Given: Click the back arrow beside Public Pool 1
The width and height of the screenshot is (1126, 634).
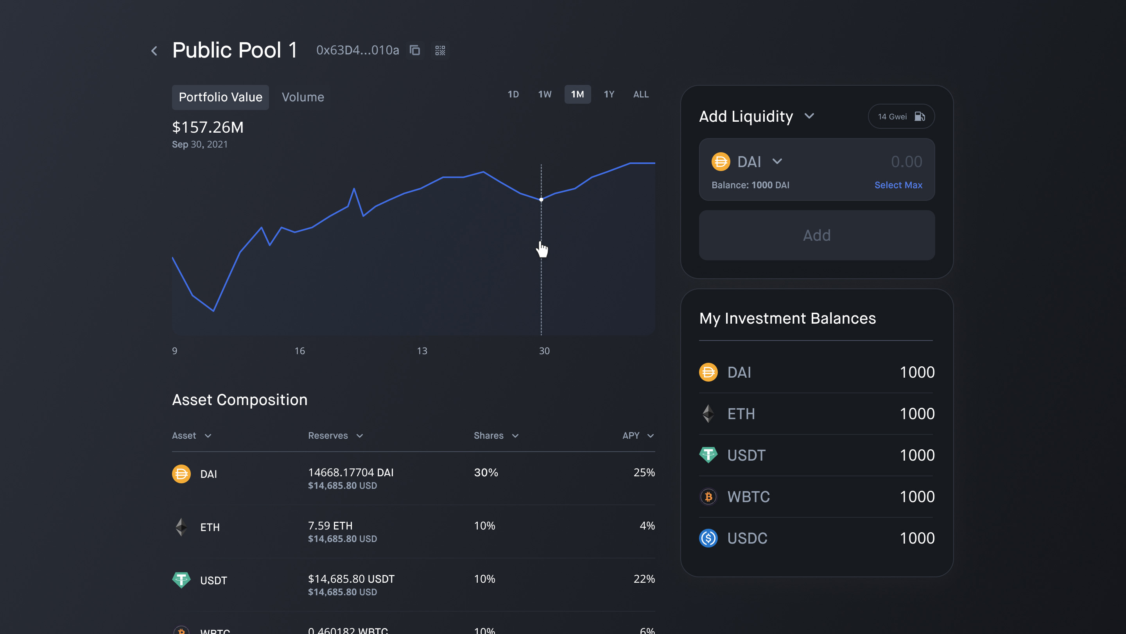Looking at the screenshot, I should (x=154, y=51).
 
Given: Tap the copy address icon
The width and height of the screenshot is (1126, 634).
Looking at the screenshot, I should (x=415, y=50).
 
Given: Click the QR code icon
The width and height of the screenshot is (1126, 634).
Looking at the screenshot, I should (x=440, y=50).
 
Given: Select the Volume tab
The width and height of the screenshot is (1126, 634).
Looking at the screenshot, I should (x=303, y=97).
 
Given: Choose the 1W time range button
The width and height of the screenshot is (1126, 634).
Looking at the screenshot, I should (x=545, y=94).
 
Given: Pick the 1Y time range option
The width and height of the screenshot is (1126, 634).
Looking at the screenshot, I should (x=609, y=94).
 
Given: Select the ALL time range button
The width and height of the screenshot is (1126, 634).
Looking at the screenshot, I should (x=641, y=94).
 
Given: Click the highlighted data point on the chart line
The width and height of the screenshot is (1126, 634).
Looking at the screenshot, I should (x=541, y=200).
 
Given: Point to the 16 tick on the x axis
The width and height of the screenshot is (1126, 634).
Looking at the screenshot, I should (x=299, y=351).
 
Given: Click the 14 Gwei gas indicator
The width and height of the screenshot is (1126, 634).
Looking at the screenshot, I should (x=901, y=116).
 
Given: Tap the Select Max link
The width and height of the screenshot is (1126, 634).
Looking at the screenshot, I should (x=898, y=185).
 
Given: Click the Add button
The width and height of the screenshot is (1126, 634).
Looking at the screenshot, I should (x=816, y=235).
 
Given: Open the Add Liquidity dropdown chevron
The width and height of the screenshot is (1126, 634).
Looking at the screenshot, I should (x=809, y=116).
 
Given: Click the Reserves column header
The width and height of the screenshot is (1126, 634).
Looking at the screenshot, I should (x=335, y=436).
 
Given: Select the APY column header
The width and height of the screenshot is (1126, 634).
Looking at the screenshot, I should (x=637, y=436).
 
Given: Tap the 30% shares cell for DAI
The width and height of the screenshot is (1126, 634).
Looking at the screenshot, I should (x=486, y=472).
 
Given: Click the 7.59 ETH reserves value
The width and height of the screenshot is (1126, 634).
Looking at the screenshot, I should (x=330, y=526).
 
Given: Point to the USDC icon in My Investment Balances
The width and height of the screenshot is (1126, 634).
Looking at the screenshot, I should (x=708, y=538).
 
